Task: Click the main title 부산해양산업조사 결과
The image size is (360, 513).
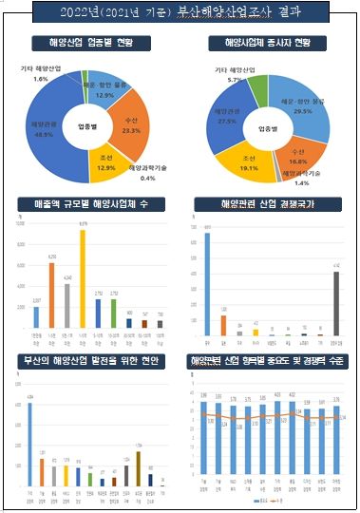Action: point(180,13)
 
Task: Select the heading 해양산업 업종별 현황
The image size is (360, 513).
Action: point(91,45)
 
